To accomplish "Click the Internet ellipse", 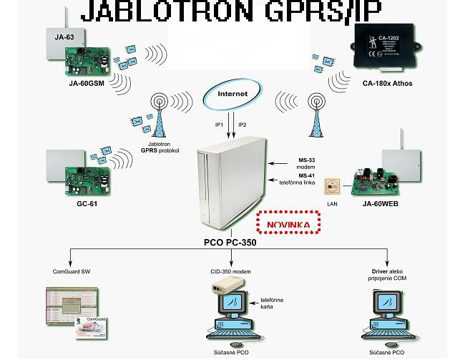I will (x=233, y=94).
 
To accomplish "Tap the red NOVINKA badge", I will (x=288, y=224).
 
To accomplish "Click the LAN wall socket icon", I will (x=333, y=187).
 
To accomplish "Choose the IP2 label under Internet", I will (x=243, y=125).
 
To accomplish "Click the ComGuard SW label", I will (x=72, y=272).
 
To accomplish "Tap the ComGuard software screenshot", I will (x=72, y=312).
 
